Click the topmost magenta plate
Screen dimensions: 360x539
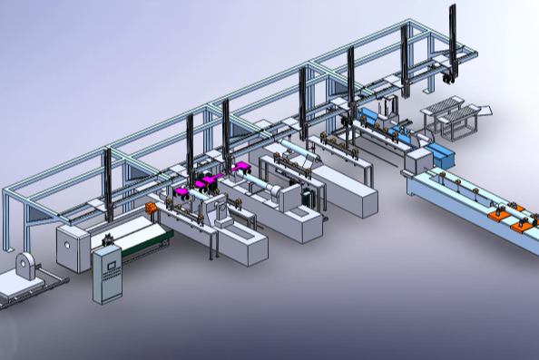(x=241, y=167)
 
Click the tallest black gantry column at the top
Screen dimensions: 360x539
(x=453, y=36)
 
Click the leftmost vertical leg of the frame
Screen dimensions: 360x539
(x=7, y=218)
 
